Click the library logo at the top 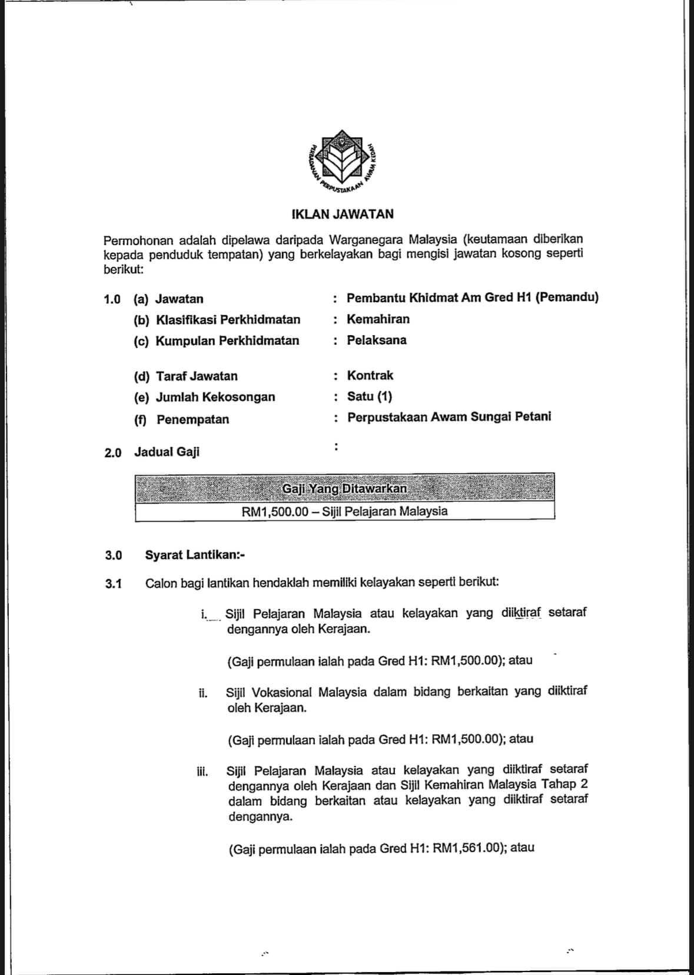(343, 163)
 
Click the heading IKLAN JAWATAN (343, 214)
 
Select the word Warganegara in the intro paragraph (363, 240)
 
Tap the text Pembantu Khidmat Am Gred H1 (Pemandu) (472, 298)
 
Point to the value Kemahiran (378, 319)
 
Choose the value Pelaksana (376, 341)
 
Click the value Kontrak (370, 376)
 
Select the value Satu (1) (369, 396)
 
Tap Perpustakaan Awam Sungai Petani (449, 417)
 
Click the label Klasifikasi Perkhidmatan (228, 320)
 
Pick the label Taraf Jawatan (197, 376)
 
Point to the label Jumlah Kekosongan (215, 397)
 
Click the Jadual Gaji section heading (167, 452)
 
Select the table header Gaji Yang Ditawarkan (344, 488)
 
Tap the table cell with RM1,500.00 (344, 511)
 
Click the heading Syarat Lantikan (195, 555)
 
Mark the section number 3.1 (114, 584)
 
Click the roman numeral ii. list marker (203, 693)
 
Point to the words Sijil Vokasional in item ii (269, 692)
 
